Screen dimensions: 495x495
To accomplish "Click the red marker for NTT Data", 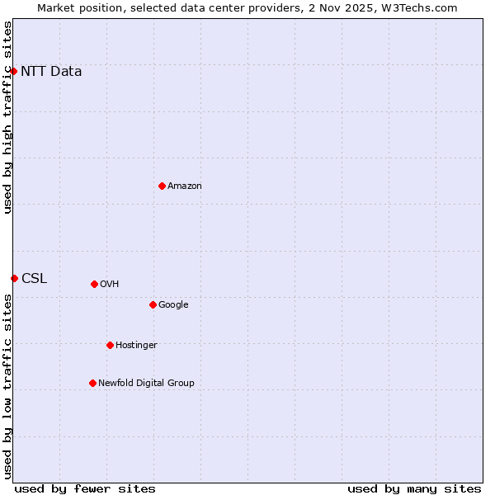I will pyautogui.click(x=14, y=71).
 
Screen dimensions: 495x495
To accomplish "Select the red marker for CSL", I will pyautogui.click(x=14, y=278).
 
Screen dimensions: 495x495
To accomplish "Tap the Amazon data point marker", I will pyautogui.click(x=162, y=186).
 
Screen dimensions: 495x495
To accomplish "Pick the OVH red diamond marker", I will pyautogui.click(x=94, y=284).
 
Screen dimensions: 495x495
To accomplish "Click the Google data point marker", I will pyautogui.click(x=153, y=304).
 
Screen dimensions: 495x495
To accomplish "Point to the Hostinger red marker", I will pyautogui.click(x=110, y=345).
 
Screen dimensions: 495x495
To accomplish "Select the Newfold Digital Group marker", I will pyautogui.click(x=92, y=383).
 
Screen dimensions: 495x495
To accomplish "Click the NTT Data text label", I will pyautogui.click(x=51, y=71).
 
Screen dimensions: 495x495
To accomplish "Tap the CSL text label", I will pyautogui.click(x=34, y=278).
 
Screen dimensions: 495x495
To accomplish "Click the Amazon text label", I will pyautogui.click(x=185, y=186).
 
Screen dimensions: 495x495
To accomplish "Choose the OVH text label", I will pyautogui.click(x=110, y=284).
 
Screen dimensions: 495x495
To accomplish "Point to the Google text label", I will pyautogui.click(x=173, y=304).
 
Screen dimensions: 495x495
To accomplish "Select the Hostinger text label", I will pyautogui.click(x=136, y=345).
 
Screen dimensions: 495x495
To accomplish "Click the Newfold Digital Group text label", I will pyautogui.click(x=146, y=383).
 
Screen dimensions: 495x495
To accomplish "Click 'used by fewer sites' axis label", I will pyautogui.click(x=85, y=488).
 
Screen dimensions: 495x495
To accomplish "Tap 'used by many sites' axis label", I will pyautogui.click(x=414, y=488).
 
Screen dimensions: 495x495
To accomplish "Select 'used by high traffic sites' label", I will pyautogui.click(x=7, y=117).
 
